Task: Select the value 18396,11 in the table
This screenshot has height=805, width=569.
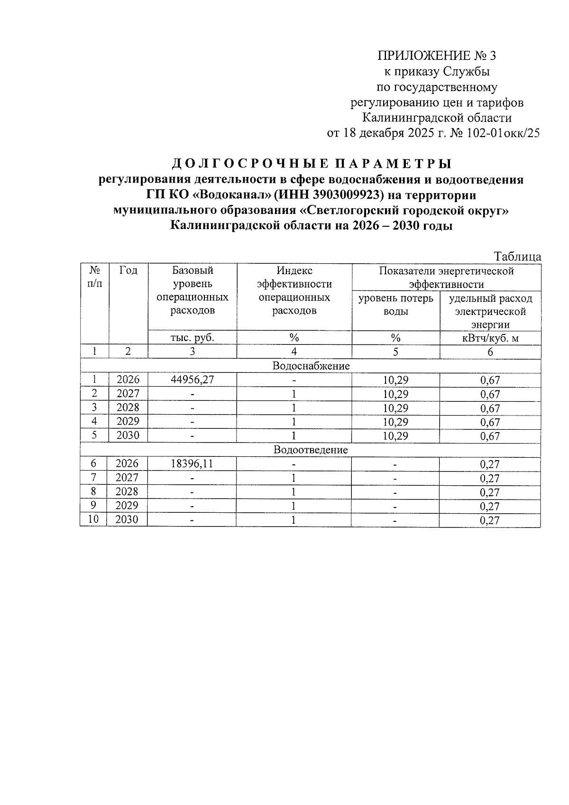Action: [192, 463]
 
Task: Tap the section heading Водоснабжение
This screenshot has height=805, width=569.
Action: [311, 366]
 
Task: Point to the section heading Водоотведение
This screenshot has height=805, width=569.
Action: [311, 450]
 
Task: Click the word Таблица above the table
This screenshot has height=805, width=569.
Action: [518, 257]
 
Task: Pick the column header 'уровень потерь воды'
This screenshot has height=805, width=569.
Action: [395, 305]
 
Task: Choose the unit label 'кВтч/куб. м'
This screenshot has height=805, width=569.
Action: [490, 338]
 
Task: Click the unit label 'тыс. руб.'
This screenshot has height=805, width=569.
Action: [192, 338]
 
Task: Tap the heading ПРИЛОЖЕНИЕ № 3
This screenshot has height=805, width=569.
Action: [436, 56]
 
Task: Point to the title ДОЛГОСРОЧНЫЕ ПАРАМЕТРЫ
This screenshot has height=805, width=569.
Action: [311, 164]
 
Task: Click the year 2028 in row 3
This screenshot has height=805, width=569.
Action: [128, 407]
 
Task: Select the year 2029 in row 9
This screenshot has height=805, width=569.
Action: [128, 506]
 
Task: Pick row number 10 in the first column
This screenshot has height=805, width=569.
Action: [94, 519]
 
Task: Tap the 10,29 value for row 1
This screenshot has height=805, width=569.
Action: [395, 380]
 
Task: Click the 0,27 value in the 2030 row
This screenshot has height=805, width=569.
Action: [490, 520]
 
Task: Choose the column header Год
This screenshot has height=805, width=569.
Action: [128, 270]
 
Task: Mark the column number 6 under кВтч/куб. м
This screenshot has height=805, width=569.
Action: [490, 352]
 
